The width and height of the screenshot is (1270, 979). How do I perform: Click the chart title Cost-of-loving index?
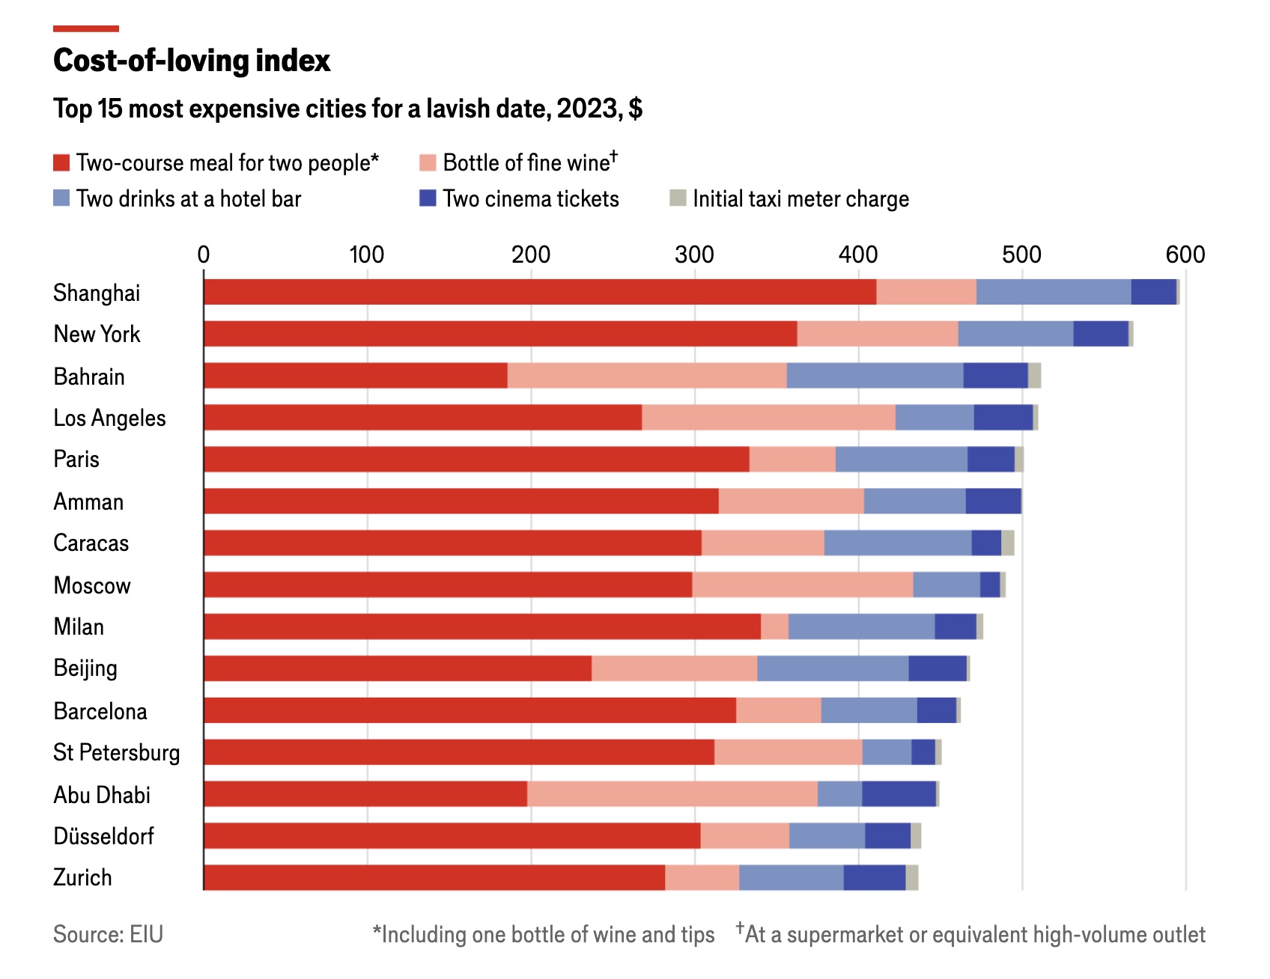point(192,61)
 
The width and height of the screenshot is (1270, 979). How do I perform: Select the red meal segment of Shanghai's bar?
point(539,292)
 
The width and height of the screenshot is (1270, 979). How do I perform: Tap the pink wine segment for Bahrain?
point(646,376)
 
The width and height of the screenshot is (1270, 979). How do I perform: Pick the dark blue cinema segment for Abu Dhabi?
point(899,794)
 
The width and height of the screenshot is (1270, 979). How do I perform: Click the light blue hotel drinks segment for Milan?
point(861,626)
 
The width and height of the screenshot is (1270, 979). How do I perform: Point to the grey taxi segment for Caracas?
point(1008,543)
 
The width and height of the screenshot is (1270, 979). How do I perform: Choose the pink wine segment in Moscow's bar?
point(802,585)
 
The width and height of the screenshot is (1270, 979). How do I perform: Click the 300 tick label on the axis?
point(694,255)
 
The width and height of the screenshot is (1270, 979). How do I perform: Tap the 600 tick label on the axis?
point(1185,255)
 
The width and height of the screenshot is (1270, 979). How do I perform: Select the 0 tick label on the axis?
point(204,255)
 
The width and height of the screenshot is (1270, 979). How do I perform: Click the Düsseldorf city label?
point(103,836)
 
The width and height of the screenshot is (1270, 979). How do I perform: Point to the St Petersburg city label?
point(116,753)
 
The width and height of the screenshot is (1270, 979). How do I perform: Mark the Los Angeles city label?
point(109,418)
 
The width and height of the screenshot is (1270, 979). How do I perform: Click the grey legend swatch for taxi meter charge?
point(678,198)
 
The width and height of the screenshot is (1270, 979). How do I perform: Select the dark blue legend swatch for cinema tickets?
point(428,198)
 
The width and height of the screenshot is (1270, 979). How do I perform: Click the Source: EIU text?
point(108,934)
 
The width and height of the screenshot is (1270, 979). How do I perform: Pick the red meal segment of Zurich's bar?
point(434,877)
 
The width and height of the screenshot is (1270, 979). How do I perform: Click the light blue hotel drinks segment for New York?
point(1015,334)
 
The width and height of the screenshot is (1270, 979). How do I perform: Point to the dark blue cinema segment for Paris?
point(991,459)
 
